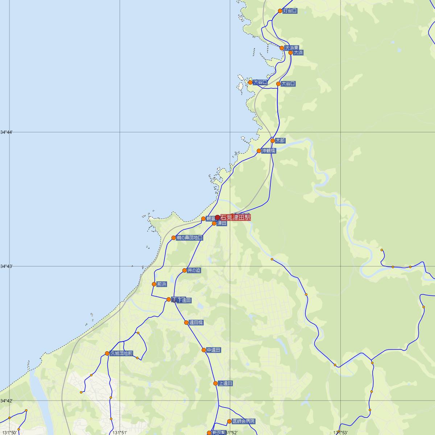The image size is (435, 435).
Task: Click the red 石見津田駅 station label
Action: tap(235, 217)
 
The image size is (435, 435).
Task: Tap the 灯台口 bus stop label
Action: tap(290, 11)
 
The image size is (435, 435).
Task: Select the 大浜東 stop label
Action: tap(292, 48)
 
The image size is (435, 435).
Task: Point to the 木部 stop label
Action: tap(280, 140)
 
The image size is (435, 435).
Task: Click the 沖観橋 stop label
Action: tap(269, 151)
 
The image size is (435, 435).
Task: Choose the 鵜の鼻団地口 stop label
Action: tap(190, 238)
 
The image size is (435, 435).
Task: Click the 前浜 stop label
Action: tap(162, 284)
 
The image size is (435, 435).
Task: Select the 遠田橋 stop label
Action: tap(196, 323)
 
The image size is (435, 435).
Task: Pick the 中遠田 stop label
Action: tap(214, 350)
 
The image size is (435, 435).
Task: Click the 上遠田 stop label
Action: tap(225, 383)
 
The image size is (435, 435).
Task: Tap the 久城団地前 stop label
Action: tap(121, 353)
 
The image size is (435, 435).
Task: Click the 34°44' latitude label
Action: tap(7, 132)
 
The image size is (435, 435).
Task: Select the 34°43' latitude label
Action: tap(7, 266)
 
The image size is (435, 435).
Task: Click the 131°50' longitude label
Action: tap(9, 432)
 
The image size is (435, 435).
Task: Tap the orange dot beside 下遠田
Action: tap(169, 299)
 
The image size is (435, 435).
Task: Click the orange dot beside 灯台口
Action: tap(280, 11)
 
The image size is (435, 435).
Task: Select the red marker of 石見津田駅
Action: tap(217, 217)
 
